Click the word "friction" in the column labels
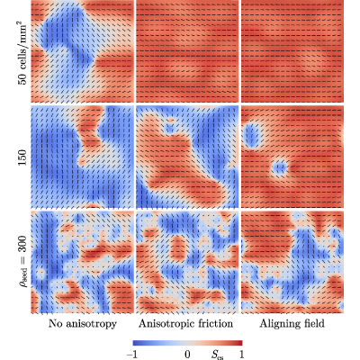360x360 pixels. (x=215, y=324)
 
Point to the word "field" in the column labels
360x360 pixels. (x=313, y=324)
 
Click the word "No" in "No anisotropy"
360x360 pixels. (x=55, y=324)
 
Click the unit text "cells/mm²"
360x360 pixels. (x=22, y=46)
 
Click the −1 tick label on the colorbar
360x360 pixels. (x=133, y=355)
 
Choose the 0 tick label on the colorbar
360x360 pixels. (x=187, y=355)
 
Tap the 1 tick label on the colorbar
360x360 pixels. (x=241, y=355)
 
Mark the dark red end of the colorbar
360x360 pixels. (x=240, y=343)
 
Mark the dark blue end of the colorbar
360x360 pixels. (x=135, y=343)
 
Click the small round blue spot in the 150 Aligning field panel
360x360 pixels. (x=280, y=167)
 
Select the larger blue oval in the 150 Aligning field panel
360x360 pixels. (x=253, y=135)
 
